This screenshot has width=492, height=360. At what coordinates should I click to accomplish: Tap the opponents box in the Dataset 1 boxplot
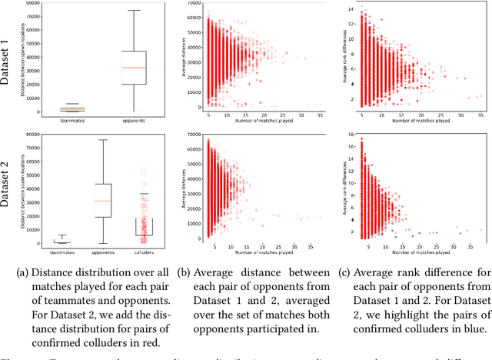(x=135, y=68)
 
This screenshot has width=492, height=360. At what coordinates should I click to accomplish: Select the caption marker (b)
(x=184, y=271)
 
